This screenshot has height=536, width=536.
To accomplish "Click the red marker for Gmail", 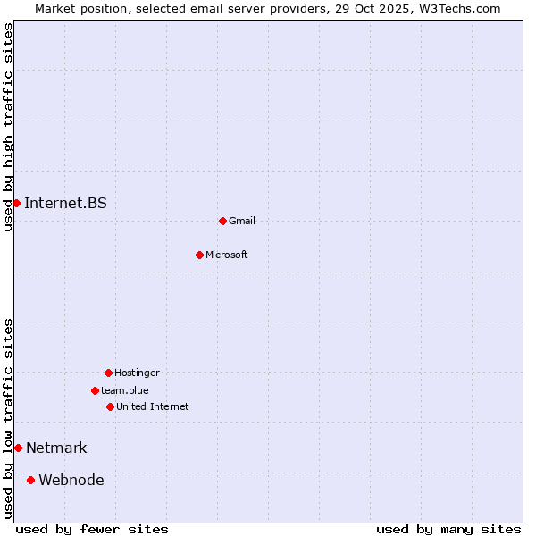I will point(222,221).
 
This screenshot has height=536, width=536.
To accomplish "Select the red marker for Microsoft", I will point(199,255).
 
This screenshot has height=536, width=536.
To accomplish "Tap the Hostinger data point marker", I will point(108,373).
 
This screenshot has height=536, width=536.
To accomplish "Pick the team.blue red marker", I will point(95,390).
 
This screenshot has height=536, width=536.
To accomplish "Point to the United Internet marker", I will point(110,406).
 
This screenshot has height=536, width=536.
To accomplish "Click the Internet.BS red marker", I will point(16,203).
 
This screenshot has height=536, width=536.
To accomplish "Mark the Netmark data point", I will point(18,448).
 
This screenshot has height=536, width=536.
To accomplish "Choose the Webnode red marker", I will point(30,480).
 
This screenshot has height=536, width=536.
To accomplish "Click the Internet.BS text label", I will point(65,203).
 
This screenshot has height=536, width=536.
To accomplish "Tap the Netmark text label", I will point(56,448).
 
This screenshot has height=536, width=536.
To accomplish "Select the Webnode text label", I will point(71,480).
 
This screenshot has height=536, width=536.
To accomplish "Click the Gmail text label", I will point(242,221).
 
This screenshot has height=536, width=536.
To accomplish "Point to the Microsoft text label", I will point(227,255).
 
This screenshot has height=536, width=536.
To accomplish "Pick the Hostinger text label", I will point(137,373).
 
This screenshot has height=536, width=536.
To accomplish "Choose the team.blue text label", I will point(125,390).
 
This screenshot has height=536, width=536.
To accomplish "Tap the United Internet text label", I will point(153,406).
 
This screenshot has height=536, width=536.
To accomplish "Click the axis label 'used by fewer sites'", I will point(92,529).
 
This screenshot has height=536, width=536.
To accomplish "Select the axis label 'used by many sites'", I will point(448,529).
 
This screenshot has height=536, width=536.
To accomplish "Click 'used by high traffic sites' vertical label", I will point(8,127).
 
